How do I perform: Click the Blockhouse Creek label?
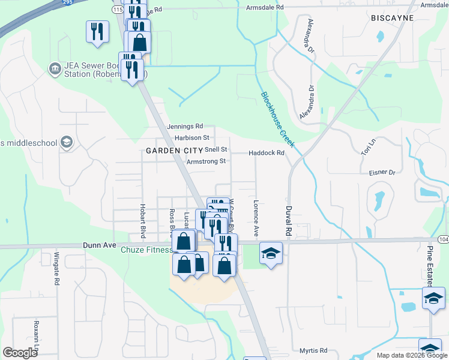278,119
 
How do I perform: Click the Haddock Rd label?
267,153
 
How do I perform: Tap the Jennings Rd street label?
185,127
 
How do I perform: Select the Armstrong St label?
206,161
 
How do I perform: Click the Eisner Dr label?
382,172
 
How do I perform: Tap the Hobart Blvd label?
143,221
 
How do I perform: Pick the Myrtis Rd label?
315,350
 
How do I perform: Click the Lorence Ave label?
256,217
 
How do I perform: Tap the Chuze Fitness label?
146,250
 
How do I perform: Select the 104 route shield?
443,239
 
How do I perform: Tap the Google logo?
20,353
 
